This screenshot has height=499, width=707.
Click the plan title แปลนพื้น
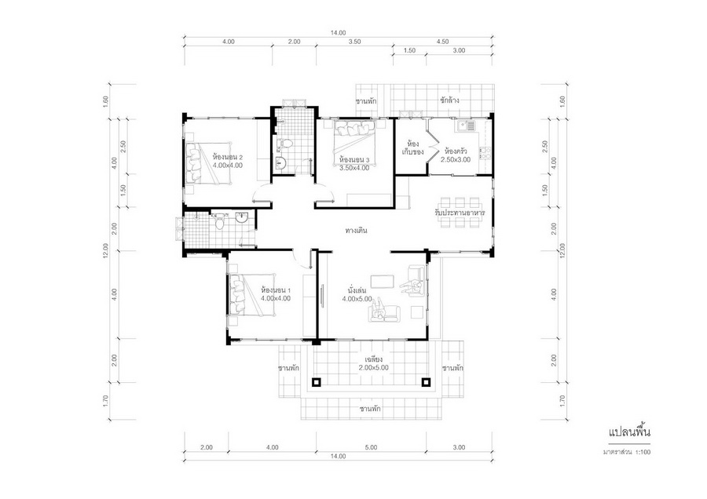click(x=629, y=433)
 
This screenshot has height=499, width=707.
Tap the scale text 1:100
click(x=643, y=452)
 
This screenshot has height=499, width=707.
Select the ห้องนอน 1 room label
click(x=276, y=290)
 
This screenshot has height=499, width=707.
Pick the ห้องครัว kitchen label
click(x=456, y=151)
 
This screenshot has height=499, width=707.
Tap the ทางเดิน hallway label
click(x=356, y=231)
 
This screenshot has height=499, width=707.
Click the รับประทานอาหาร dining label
click(x=460, y=212)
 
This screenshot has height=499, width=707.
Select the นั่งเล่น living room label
click(x=357, y=290)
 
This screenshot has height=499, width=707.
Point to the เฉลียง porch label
click(x=374, y=359)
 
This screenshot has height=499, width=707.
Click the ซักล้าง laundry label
click(x=449, y=100)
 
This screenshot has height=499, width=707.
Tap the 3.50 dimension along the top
click(x=354, y=42)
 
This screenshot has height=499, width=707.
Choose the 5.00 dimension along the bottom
click(x=371, y=447)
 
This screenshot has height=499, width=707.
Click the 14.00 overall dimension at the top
click(x=338, y=32)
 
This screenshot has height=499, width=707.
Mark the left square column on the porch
click(x=316, y=383)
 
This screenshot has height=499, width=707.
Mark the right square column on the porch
click(x=426, y=383)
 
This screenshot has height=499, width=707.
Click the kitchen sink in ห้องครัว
click(x=466, y=126)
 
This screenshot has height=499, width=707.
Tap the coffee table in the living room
click(x=383, y=282)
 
